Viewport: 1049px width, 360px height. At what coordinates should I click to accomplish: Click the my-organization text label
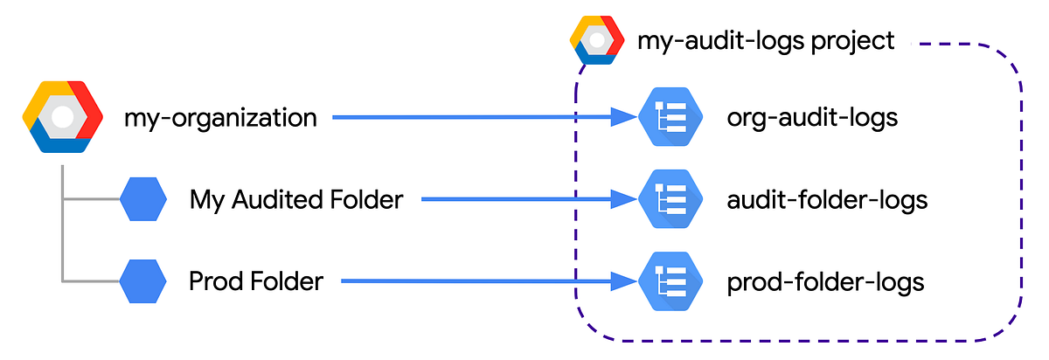pos(220,117)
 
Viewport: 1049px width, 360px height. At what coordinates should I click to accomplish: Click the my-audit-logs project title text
pos(766,40)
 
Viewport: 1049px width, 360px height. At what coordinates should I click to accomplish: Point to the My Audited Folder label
pos(295,200)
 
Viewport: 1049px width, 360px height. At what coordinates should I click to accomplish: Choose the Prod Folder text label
pos(256,281)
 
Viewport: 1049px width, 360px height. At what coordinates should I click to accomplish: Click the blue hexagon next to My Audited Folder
pos(143,200)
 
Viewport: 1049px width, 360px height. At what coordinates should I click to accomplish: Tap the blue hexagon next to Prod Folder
pos(143,281)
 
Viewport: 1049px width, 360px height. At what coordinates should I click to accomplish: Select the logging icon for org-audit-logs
pos(670,117)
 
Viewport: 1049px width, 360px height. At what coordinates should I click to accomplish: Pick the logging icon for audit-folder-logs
pos(670,200)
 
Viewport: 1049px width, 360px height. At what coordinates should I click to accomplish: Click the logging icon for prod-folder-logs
pos(670,281)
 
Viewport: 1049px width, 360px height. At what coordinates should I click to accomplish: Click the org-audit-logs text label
pos(812,117)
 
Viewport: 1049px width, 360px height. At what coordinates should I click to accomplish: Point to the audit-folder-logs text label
pos(827,200)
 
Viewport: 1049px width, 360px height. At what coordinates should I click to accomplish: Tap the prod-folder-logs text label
pos(825,281)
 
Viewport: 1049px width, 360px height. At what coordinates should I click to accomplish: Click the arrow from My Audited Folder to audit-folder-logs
pos(524,200)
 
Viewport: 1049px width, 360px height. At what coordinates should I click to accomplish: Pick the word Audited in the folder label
pos(280,200)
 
